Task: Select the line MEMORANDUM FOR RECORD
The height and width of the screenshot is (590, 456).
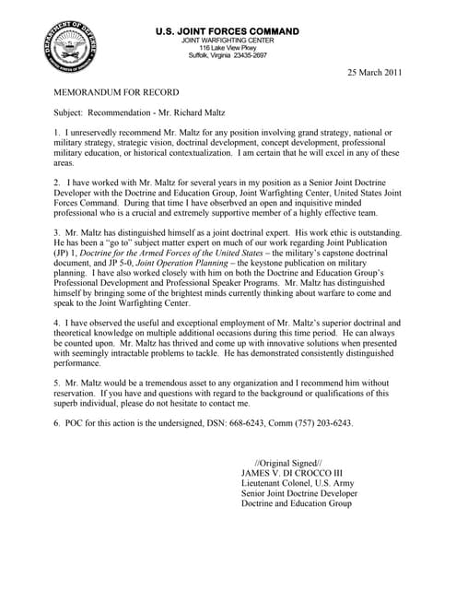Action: click(116, 93)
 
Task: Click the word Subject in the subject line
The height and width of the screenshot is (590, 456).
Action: click(68, 114)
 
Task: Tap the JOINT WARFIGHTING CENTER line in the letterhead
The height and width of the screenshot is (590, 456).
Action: click(229, 41)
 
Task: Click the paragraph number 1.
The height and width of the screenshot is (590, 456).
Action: click(57, 135)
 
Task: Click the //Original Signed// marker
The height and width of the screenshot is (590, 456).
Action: click(287, 462)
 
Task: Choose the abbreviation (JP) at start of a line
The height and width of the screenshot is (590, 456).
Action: click(64, 253)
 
